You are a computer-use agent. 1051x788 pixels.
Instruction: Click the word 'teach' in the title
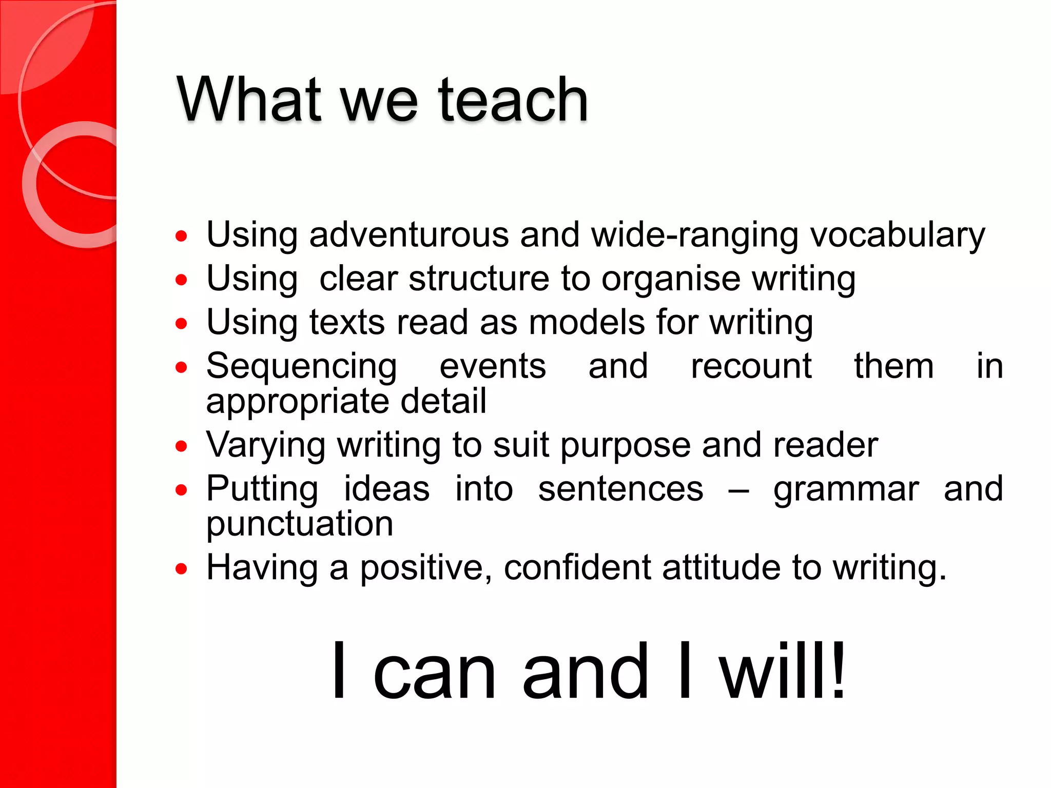[513, 100]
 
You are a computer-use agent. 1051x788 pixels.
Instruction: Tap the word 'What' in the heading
[249, 100]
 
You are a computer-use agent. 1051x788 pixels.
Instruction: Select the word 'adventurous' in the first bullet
[409, 235]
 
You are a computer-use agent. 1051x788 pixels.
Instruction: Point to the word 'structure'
[479, 279]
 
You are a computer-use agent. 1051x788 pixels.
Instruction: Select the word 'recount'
[751, 367]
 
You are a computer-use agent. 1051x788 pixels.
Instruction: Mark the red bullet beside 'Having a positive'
[181, 568]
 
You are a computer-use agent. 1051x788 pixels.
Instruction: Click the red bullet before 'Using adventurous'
[181, 236]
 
